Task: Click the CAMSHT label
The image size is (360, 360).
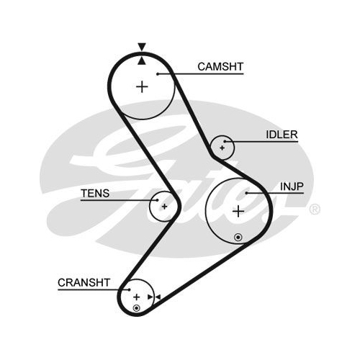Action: click(x=220, y=67)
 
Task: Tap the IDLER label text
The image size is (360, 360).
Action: click(x=282, y=135)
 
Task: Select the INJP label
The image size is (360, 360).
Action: click(x=292, y=186)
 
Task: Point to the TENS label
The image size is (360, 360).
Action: click(x=95, y=193)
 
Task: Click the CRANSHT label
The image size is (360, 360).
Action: click(x=84, y=283)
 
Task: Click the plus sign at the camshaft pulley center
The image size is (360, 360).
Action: click(x=142, y=86)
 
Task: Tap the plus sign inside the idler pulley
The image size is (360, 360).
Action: click(x=222, y=148)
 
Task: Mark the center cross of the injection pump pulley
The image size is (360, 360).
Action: click(x=238, y=212)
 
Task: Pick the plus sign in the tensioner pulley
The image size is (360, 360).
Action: click(x=164, y=207)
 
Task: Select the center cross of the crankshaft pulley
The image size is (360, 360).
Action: click(x=137, y=297)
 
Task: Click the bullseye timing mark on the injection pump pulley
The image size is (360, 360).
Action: click(x=238, y=238)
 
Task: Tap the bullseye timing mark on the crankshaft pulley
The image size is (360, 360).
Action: click(x=136, y=308)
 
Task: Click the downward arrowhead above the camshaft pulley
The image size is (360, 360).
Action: click(x=142, y=47)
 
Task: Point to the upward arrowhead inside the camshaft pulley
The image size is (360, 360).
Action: click(x=142, y=61)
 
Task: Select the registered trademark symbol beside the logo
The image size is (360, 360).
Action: click(x=315, y=210)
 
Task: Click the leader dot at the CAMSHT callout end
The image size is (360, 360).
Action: click(x=158, y=74)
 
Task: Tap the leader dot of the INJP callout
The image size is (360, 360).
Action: click(x=246, y=193)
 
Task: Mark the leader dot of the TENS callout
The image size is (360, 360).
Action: click(x=157, y=200)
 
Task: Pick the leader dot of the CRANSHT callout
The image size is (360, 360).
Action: click(x=129, y=289)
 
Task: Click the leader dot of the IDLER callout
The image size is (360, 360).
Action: click(x=225, y=141)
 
